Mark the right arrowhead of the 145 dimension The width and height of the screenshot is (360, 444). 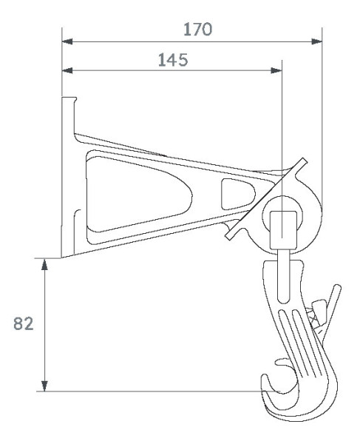tap(277, 72)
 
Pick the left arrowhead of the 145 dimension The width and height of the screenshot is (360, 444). tap(67, 72)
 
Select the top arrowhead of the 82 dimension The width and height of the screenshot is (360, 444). tap(46, 263)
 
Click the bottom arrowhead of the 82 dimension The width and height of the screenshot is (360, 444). tap(46, 385)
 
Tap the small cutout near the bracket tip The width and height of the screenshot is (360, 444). tap(234, 193)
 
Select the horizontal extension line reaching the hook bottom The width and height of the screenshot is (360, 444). tap(148, 390)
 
